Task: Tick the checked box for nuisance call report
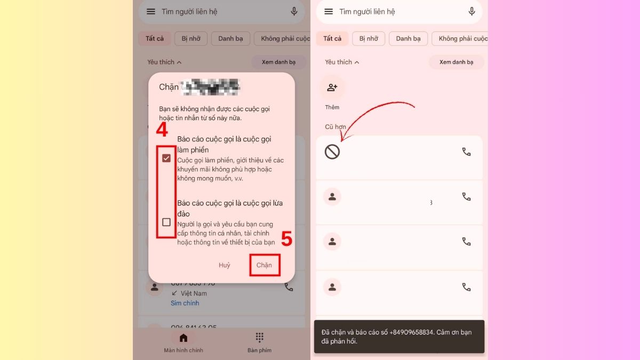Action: point(166,158)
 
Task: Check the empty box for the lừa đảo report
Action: point(166,222)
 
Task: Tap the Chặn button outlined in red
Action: point(264,265)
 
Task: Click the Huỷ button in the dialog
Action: point(225,265)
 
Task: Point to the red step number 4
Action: point(162,130)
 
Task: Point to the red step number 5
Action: point(286,240)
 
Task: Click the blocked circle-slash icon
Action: point(332,152)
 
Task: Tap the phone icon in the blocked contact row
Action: point(466,152)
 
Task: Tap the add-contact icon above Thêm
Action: point(332,87)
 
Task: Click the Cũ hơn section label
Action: point(335,127)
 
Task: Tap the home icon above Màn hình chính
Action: point(183,338)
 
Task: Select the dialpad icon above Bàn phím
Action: point(259,338)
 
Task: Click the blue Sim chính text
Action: point(185,303)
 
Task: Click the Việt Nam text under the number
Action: point(193,293)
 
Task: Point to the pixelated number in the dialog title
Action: point(211,87)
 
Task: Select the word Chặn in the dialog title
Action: point(169,87)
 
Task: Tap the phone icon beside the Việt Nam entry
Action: point(289,287)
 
